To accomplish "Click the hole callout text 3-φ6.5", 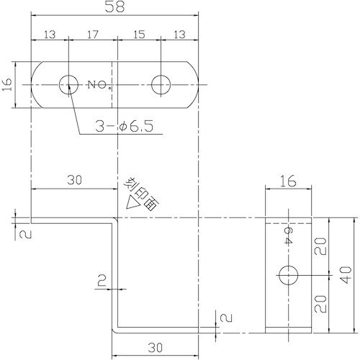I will tap(125, 127).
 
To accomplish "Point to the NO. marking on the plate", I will tap(99, 85).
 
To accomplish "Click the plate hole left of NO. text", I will tap(69, 84).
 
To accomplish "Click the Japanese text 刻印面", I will tap(142, 192).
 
